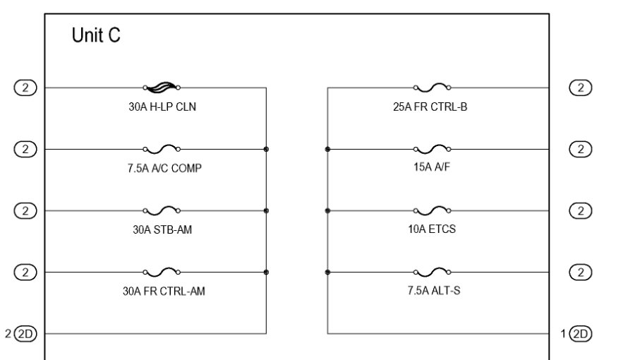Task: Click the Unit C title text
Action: coord(96,36)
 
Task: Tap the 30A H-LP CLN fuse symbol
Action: coord(161,88)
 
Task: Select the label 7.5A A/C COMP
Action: coord(160,168)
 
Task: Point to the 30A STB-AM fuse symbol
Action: coord(161,210)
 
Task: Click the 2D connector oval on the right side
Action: coord(580,333)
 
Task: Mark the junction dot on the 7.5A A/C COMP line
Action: coord(266,149)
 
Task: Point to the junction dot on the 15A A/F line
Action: coord(327,149)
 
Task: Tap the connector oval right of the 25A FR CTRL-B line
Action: coord(580,88)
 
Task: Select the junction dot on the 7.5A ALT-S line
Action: coord(327,272)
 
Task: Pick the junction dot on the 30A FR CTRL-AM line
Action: coord(266,272)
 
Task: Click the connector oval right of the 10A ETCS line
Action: coord(580,210)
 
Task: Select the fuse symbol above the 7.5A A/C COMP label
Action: coord(161,148)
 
